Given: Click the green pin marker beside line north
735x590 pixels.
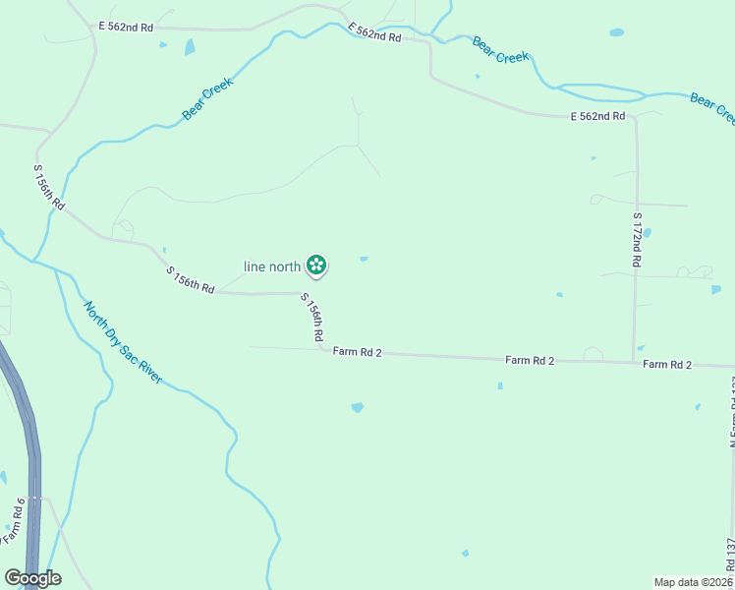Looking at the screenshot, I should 316,265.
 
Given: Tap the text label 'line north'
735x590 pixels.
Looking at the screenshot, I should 272,265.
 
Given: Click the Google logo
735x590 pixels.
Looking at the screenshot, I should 32,578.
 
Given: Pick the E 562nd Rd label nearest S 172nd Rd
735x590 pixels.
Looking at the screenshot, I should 597,116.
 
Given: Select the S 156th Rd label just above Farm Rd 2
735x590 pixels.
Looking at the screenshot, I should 312,318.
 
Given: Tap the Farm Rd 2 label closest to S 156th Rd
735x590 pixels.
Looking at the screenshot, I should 357,351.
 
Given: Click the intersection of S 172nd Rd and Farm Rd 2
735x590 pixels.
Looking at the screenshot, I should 634,362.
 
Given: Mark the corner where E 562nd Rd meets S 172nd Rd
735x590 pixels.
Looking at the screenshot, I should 635,117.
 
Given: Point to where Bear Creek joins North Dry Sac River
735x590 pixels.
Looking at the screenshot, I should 34,262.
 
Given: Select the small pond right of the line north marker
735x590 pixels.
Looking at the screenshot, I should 364,260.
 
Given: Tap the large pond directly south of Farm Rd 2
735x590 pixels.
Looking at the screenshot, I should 357,406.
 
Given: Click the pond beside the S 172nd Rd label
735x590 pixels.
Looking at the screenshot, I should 648,233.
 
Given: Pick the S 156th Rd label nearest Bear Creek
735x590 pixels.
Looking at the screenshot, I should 49,188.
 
